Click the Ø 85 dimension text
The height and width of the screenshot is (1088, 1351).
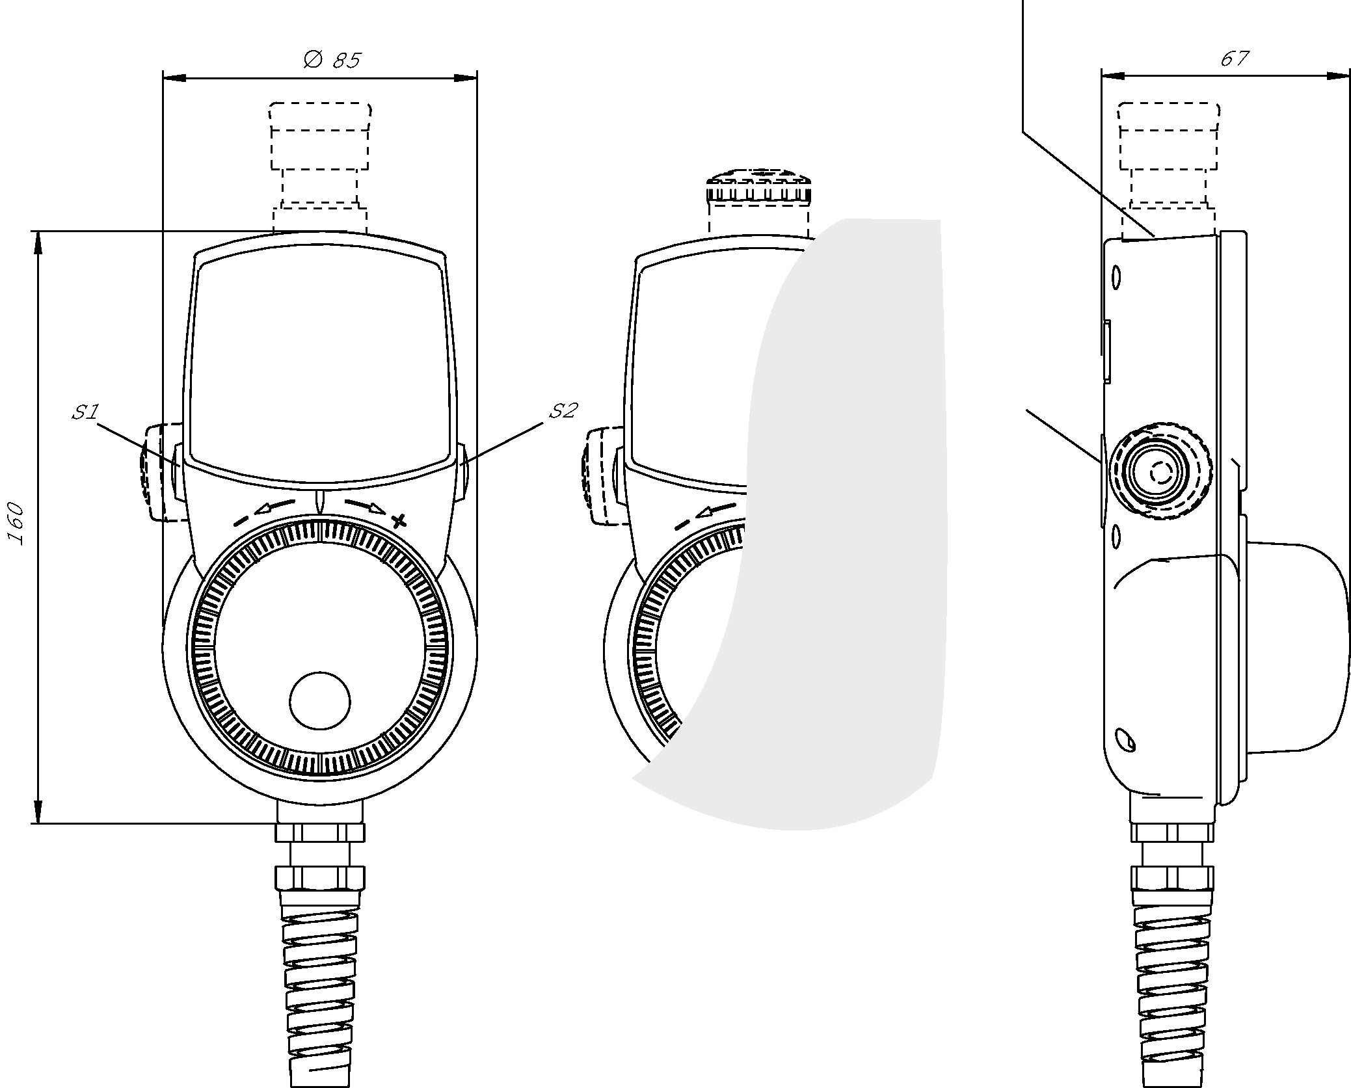tap(332, 60)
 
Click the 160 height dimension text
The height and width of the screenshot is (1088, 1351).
tap(16, 524)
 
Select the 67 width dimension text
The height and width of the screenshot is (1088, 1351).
tap(1234, 59)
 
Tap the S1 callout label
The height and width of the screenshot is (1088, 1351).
tap(85, 412)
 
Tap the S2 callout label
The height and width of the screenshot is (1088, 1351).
tap(563, 410)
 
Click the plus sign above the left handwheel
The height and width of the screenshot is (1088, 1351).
tap(400, 520)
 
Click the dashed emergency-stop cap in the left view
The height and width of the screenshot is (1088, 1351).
tap(320, 168)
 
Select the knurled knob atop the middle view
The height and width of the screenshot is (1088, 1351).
tap(758, 187)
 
